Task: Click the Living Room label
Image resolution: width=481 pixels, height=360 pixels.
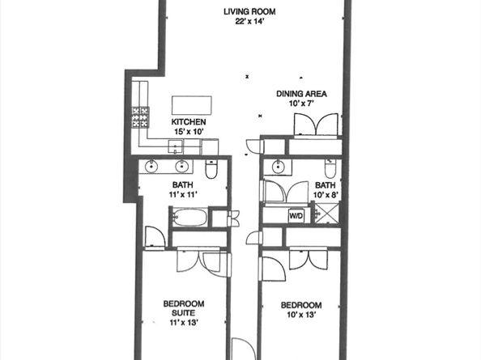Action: pos(249,11)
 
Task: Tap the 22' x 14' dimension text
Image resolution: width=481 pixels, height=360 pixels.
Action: pos(249,22)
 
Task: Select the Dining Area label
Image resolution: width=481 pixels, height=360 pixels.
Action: pos(301,94)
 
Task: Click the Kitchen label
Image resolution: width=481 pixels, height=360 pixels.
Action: pos(189,122)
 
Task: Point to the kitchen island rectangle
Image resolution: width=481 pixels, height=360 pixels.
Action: pos(192,105)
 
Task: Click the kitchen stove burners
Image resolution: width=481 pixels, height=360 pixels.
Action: pos(141,117)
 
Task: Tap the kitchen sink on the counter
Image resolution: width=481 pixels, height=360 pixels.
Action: pos(176,146)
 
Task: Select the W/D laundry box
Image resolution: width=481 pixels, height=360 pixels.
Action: pos(296,216)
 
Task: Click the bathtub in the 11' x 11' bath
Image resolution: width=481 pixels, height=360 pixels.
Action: pos(189,218)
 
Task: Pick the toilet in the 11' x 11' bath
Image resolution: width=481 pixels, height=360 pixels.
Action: pos(211,169)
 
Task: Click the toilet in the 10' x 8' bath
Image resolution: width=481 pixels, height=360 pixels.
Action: pos(330,168)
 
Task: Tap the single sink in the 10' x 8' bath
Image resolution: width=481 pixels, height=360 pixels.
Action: pos(279,167)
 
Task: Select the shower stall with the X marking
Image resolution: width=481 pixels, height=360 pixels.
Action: pos(328,214)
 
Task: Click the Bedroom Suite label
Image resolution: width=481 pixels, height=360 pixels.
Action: pos(184,308)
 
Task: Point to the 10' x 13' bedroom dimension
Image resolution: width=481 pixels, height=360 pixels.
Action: pos(301,315)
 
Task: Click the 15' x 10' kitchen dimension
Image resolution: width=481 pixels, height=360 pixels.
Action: pos(189,132)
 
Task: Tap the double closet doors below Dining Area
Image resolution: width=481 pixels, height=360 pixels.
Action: pos(316,125)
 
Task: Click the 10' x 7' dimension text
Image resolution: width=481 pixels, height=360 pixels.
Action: pos(301,104)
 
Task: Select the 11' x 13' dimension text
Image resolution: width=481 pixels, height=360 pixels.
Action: pos(184,322)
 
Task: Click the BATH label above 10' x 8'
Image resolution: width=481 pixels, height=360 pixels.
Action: pos(326,185)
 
